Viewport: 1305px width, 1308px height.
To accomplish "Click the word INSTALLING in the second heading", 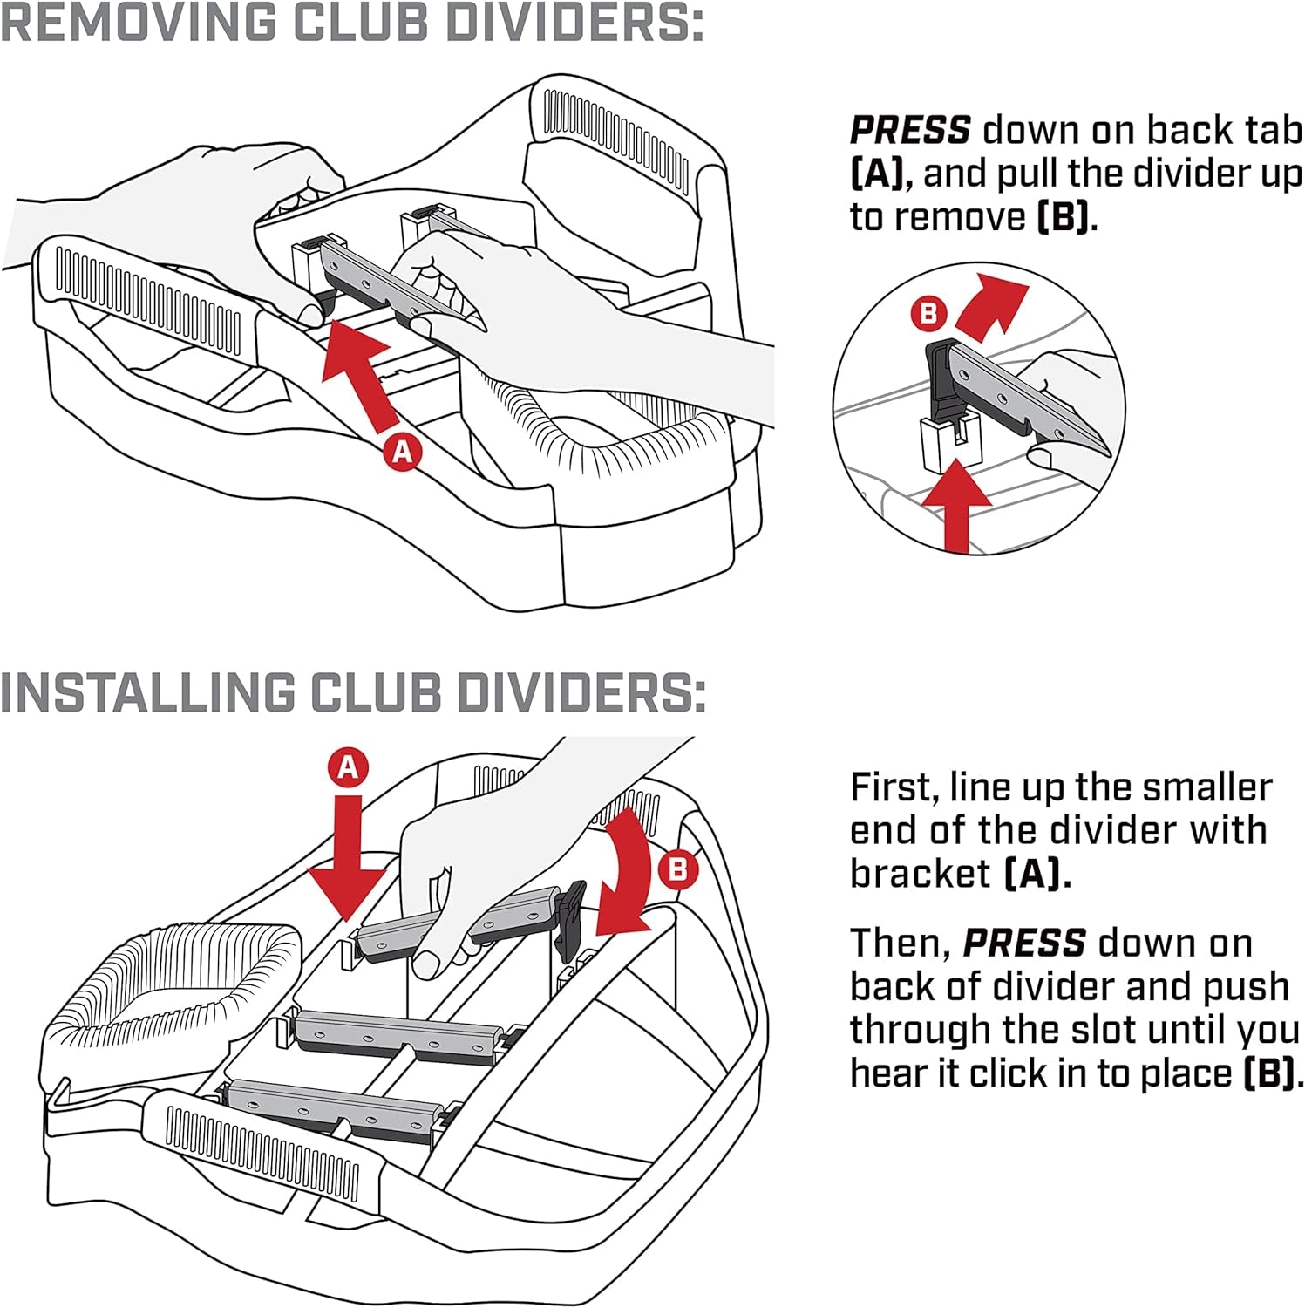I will (148, 693).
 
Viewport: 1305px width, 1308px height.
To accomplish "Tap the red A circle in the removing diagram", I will (402, 452).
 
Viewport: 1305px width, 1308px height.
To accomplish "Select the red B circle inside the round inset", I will (928, 313).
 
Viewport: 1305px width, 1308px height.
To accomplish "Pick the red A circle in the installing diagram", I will (348, 767).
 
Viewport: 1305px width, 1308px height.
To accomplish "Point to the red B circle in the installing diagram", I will (677, 869).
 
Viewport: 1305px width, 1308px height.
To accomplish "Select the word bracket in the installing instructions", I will (920, 874).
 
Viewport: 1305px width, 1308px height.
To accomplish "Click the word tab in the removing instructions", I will (1272, 130).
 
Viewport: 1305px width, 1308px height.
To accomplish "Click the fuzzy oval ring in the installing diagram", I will (174, 985).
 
